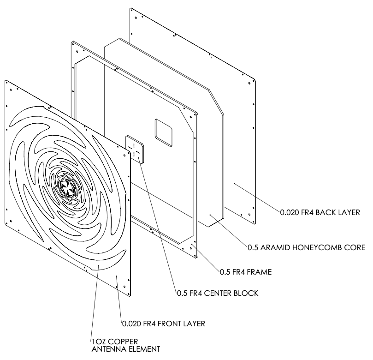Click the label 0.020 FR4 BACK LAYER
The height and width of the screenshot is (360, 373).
(x=321, y=213)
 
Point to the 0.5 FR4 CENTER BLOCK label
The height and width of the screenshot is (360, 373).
(x=217, y=293)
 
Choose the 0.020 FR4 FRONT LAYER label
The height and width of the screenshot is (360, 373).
(x=163, y=323)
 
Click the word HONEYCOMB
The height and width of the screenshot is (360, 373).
(x=321, y=247)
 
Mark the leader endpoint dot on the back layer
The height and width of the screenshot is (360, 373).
(x=234, y=184)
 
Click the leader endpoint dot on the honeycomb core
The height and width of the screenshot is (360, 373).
(x=211, y=215)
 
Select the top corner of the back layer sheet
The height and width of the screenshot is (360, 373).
(x=131, y=8)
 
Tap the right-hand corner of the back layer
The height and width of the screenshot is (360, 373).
(x=255, y=77)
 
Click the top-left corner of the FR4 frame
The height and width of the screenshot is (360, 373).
(x=71, y=42)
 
